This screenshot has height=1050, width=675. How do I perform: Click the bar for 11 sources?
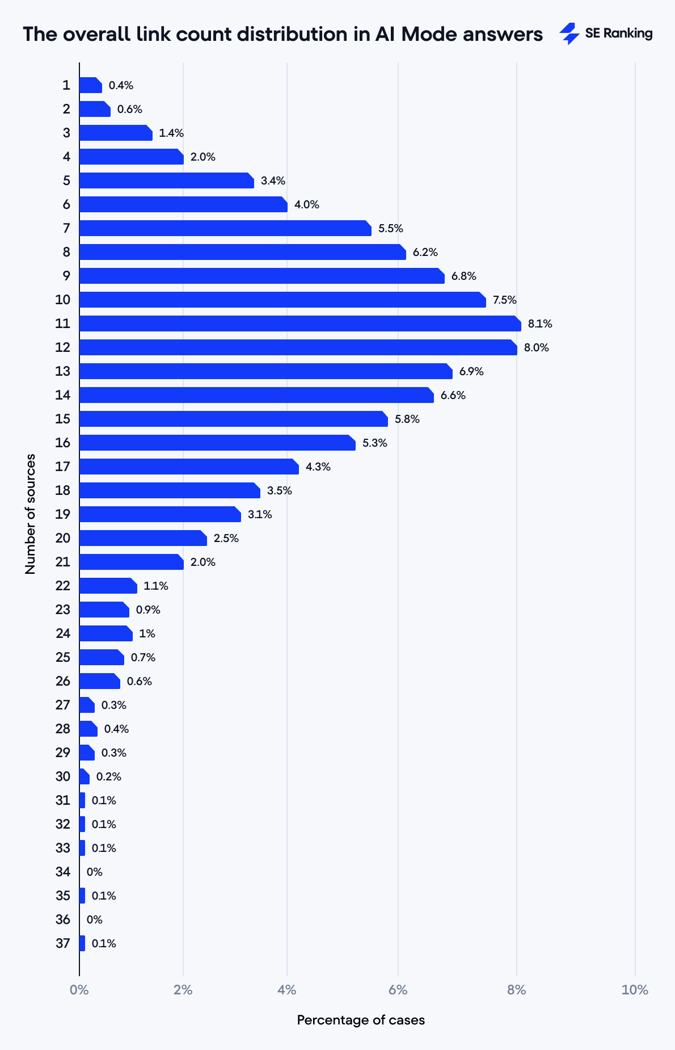[x=299, y=324]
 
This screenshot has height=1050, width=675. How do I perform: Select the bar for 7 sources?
[x=225, y=228]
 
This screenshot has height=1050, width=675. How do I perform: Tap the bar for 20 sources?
[x=142, y=538]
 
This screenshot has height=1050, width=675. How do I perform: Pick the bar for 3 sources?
[x=115, y=133]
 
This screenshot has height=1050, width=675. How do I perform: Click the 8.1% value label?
[x=540, y=324]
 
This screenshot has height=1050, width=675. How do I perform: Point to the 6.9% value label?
[x=471, y=372]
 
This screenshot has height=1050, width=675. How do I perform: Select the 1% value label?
[x=147, y=634]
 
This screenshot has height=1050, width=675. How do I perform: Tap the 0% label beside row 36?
[x=94, y=919]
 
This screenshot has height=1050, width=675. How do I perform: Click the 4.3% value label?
[x=318, y=467]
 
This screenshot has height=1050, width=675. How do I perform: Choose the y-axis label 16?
[x=63, y=443]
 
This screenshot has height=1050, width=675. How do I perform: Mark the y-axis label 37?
[x=63, y=943]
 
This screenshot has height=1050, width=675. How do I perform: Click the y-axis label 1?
[x=66, y=85]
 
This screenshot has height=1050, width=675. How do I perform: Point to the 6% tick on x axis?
[x=398, y=990]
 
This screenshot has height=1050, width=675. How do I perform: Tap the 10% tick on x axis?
[x=634, y=990]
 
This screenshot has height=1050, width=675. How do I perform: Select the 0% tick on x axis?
[x=79, y=990]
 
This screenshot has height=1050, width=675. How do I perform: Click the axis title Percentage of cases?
[x=361, y=1020]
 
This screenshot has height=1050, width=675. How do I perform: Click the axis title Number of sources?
[x=31, y=514]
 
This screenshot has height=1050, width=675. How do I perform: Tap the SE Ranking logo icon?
[x=569, y=33]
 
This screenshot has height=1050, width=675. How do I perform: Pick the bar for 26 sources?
[x=99, y=681]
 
